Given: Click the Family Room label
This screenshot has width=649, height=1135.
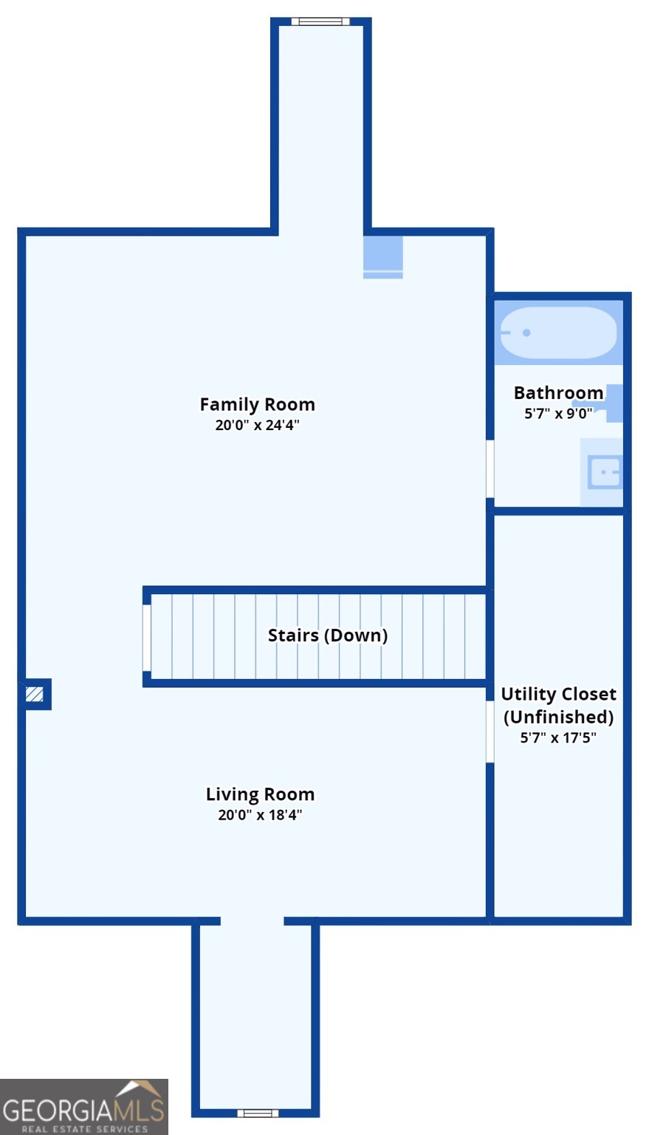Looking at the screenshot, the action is (257, 404).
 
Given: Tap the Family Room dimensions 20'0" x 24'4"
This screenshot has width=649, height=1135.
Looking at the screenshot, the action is (257, 425).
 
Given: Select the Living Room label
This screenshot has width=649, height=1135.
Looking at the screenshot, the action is (260, 794).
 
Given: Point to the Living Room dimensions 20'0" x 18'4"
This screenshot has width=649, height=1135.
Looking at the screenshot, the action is (260, 815).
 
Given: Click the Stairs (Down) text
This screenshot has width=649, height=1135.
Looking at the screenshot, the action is (328, 635).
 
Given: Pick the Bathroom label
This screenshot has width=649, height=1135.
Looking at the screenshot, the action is (558, 392).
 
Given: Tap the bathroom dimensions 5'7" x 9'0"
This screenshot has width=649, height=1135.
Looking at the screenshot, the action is (558, 414).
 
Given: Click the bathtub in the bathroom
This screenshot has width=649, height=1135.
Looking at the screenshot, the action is (558, 333).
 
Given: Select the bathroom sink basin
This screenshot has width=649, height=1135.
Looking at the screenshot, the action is (604, 472).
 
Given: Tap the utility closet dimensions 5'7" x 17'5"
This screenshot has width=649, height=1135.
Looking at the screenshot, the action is (558, 737).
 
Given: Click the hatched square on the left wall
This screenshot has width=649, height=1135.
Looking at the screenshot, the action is (35, 694).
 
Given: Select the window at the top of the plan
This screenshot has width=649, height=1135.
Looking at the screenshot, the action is (320, 21).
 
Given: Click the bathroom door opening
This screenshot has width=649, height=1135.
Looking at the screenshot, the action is (490, 468).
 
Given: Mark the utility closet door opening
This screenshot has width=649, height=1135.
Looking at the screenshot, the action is (490, 732).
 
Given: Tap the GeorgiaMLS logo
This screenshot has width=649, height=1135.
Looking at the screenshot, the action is (84, 1107).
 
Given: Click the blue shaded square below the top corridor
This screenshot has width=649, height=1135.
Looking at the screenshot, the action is (383, 257).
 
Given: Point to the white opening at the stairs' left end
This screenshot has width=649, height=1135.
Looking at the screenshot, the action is (147, 638).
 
